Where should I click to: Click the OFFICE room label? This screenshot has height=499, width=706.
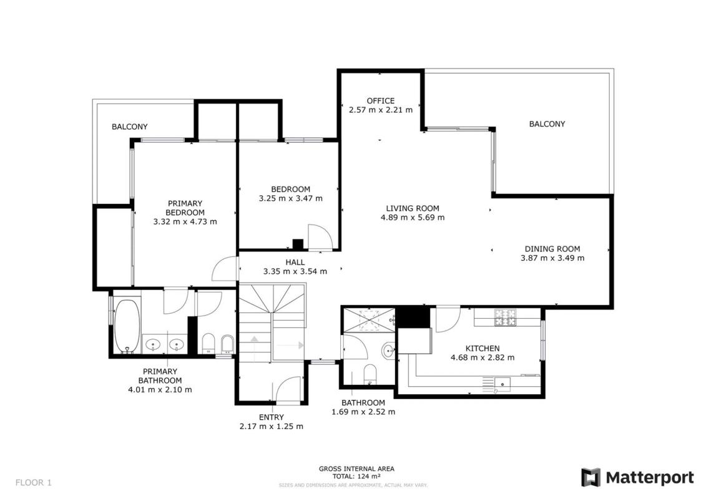coord(380,101)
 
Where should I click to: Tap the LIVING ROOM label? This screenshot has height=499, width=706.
coord(413,208)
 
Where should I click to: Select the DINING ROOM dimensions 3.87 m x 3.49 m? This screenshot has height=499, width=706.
coord(552,258)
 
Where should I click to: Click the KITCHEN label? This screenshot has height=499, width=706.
coord(483,348)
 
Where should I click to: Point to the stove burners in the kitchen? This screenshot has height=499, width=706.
coord(506,317)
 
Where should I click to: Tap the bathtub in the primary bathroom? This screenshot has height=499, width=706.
coord(127,326)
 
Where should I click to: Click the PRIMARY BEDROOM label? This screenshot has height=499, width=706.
coord(185,208)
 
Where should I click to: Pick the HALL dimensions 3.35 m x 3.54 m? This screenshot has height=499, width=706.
coord(295,272)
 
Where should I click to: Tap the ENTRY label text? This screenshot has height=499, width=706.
coord(271,417)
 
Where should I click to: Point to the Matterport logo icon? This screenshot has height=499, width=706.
coord(591,477)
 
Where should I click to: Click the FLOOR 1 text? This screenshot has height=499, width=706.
coord(33,483)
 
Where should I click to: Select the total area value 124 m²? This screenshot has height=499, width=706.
coord(369,476)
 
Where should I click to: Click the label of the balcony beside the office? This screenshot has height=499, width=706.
coord(547,124)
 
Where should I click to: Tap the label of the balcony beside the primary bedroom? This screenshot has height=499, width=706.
coord(130,127)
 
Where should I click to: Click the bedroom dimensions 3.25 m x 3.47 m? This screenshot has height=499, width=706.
coord(290,198)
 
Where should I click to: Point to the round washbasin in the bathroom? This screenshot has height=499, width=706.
coord(388,351)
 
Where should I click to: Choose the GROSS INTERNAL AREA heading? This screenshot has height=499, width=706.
coord(356,469)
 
